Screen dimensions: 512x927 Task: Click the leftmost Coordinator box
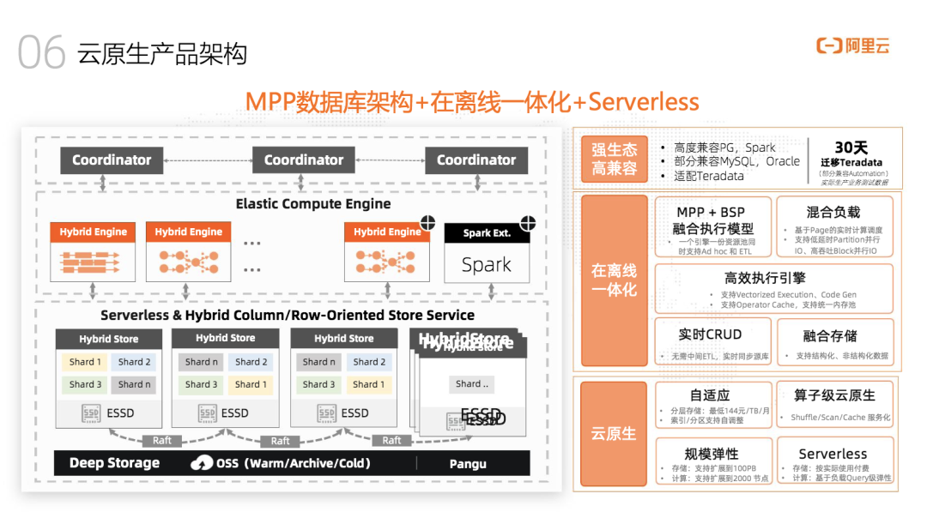(x=111, y=160)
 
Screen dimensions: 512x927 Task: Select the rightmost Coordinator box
(x=476, y=160)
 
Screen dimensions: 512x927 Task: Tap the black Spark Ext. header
(x=487, y=233)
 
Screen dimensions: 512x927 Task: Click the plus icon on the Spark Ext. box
(x=527, y=224)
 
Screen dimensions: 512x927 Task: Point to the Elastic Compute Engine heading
(x=313, y=204)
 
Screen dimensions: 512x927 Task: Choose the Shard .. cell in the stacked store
(x=472, y=383)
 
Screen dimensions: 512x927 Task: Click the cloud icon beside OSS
(x=202, y=463)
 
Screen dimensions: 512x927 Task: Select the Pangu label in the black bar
(x=468, y=464)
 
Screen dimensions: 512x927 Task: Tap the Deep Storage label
(x=114, y=463)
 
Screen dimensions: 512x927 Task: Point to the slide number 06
(x=41, y=53)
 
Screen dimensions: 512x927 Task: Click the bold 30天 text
(x=851, y=148)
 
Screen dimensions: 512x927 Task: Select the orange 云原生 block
(x=614, y=434)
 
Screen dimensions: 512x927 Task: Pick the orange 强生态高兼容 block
(x=614, y=158)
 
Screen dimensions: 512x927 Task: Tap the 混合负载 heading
(x=833, y=212)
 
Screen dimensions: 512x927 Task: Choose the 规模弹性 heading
(x=712, y=454)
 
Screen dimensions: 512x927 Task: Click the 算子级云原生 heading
(x=833, y=395)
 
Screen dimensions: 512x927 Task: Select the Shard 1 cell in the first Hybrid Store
(x=85, y=362)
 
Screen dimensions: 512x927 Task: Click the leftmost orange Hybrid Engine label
(x=94, y=232)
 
